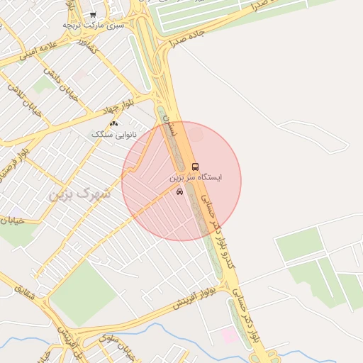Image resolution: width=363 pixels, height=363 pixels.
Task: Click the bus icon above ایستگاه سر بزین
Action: [x=195, y=167]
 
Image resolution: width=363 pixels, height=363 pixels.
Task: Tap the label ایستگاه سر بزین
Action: [x=195, y=177]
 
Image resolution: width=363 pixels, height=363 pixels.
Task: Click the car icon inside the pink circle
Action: [x=179, y=191]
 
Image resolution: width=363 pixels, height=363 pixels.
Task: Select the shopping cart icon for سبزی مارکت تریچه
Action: [x=93, y=14]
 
